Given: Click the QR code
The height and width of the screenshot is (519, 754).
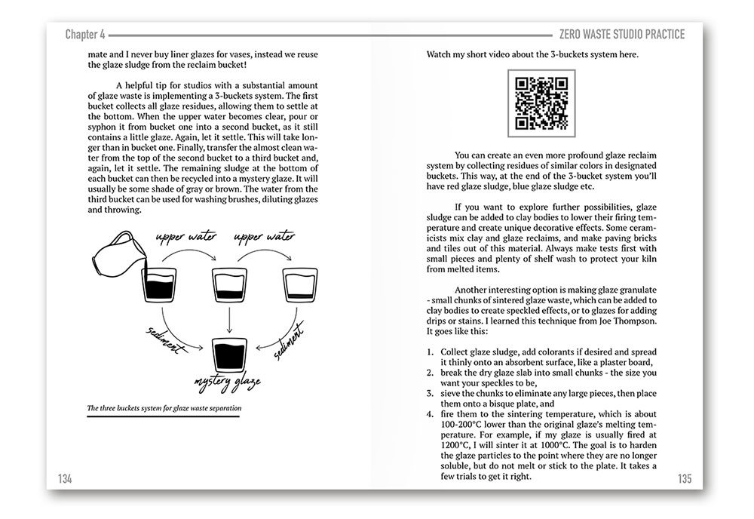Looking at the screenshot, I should pos(541,103).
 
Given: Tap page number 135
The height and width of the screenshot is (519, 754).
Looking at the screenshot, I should pos(685,478).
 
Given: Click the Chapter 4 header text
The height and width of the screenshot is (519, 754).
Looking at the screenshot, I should pos(85,34).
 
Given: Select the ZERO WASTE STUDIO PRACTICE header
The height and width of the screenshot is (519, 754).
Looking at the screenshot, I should pos(618,34).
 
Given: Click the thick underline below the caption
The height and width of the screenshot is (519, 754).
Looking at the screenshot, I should pos(163,417).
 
